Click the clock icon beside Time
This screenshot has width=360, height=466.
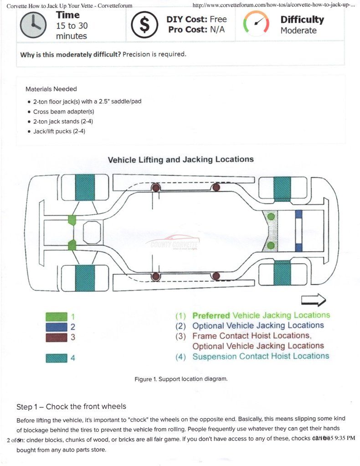click(x=33, y=25)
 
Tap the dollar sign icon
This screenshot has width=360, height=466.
click(x=144, y=25)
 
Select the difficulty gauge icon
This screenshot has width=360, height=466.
click(x=256, y=23)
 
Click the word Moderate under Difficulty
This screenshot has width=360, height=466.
click(x=298, y=31)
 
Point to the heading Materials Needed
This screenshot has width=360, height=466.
click(x=51, y=89)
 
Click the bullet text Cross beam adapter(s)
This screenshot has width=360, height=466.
click(x=63, y=111)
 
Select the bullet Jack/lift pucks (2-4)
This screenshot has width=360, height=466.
click(x=59, y=131)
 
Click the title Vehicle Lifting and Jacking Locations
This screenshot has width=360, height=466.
click(x=180, y=160)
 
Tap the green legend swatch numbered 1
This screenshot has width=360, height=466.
click(x=57, y=316)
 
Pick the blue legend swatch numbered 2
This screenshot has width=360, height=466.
click(x=57, y=327)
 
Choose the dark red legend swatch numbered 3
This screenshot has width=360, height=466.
click(x=57, y=337)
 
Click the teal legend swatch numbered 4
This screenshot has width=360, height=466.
click(x=57, y=358)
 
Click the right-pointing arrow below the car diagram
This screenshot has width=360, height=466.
click(x=314, y=300)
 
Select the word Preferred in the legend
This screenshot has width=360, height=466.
click(x=211, y=315)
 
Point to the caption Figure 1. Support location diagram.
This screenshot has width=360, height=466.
click(x=180, y=379)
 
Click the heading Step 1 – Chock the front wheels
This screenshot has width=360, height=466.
click(x=71, y=406)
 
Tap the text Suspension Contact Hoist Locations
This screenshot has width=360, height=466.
click(x=260, y=356)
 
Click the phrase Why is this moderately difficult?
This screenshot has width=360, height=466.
click(x=71, y=54)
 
